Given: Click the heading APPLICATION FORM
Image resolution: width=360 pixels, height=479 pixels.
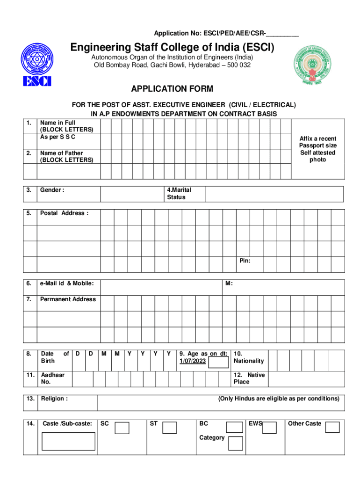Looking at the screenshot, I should [x=172, y=89].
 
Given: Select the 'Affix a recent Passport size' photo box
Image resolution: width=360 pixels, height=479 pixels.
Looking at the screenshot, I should [x=318, y=149].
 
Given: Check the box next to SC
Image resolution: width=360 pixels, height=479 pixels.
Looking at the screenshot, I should [x=122, y=428].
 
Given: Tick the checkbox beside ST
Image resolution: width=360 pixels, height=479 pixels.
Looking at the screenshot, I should [x=170, y=428].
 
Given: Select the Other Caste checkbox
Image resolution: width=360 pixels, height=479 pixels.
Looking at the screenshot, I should [x=332, y=428].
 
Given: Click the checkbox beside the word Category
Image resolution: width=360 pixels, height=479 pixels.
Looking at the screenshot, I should [x=236, y=443].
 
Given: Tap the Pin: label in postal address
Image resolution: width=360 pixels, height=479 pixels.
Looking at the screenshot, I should [x=245, y=261].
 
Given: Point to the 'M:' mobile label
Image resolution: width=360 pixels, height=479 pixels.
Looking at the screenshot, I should [x=229, y=283].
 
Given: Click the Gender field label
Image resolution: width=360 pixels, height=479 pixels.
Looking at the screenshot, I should [x=52, y=190].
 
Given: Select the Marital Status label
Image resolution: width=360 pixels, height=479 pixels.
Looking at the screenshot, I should [x=179, y=194].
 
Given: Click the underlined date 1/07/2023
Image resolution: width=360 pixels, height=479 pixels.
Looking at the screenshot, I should [x=193, y=361].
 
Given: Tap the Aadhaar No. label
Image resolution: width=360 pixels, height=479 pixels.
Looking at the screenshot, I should [x=53, y=378].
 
